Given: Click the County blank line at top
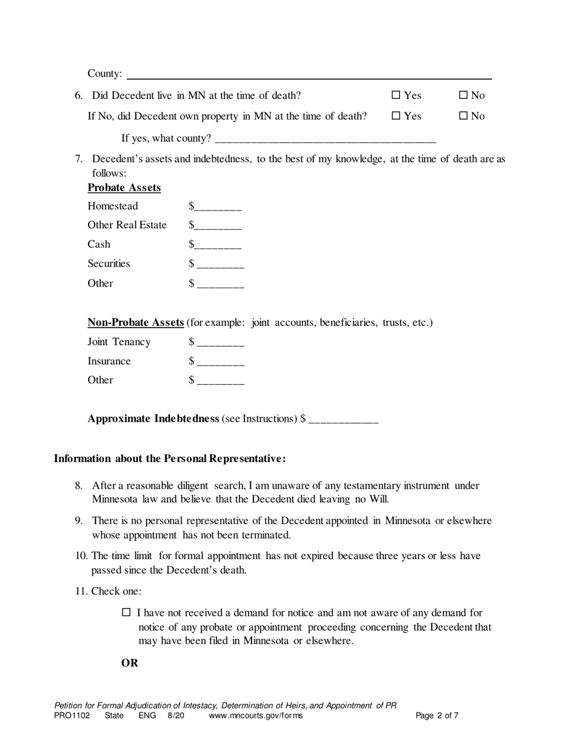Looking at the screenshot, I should (309, 74).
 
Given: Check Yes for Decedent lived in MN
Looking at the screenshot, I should (396, 95).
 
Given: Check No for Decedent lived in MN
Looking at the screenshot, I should (464, 95).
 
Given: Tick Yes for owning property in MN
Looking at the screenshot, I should (396, 116).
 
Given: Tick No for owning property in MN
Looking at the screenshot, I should (464, 116).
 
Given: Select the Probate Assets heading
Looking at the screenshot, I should (124, 188).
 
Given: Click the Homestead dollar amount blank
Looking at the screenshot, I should (218, 207).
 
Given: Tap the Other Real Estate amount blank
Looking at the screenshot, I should (218, 226).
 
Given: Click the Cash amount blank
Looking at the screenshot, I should (218, 246).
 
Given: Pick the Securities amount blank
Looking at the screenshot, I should (220, 264).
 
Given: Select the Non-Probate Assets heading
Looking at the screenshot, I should (136, 322).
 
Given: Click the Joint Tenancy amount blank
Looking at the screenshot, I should (220, 343).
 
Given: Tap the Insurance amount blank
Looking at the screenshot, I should (220, 362).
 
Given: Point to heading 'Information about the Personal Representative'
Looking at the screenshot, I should (169, 458).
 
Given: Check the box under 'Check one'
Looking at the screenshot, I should (127, 612).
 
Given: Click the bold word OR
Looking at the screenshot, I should (130, 663).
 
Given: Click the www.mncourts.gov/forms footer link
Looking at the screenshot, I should (256, 716).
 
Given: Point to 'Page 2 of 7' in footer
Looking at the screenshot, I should (437, 716).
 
